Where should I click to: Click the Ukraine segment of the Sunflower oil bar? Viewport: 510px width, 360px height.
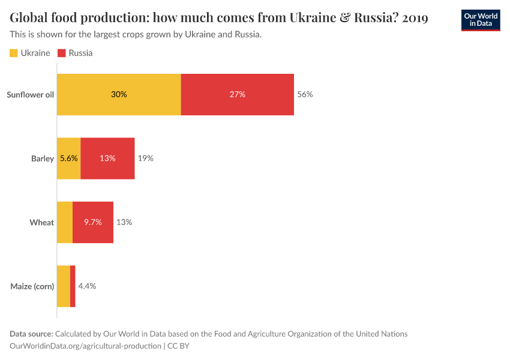tap(119, 94)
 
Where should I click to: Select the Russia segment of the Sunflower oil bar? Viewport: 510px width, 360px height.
tap(237, 94)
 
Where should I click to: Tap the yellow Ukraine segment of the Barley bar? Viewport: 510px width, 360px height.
tap(68, 158)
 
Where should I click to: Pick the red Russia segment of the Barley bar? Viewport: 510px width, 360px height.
tap(107, 158)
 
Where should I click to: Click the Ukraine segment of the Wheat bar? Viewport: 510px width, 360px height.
tap(64, 222)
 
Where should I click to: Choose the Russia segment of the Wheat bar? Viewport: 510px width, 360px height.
tap(93, 222)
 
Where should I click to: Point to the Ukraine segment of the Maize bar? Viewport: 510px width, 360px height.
tap(63, 286)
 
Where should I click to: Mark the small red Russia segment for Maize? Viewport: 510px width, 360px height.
tap(73, 286)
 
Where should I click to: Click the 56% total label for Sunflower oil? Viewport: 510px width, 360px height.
tap(305, 94)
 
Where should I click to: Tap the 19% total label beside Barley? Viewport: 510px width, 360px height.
tap(146, 158)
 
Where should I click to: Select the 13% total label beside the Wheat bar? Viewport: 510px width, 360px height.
tap(124, 222)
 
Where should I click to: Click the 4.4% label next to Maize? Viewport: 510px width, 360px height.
tap(87, 286)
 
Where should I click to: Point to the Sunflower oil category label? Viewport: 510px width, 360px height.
tap(30, 94)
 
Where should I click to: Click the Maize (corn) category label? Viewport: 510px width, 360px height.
tap(32, 286)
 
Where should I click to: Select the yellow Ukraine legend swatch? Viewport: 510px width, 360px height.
tap(14, 53)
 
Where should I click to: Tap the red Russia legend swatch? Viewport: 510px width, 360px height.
tap(61, 53)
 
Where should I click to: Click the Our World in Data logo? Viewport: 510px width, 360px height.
tap(480, 20)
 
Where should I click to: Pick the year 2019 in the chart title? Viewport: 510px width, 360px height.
tap(415, 18)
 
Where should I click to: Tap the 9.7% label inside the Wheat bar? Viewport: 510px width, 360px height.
tap(92, 222)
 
